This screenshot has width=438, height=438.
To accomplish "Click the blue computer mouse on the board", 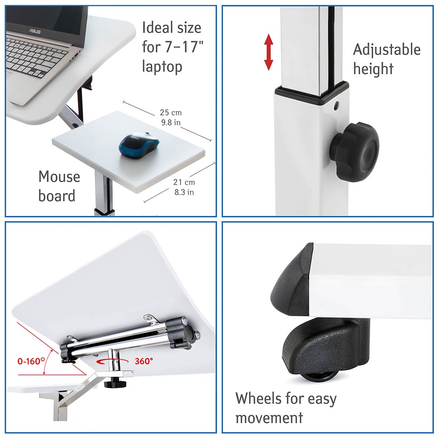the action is point(139,145).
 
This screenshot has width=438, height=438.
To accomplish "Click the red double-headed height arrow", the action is point(268,52).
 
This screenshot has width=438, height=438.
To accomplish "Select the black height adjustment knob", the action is point(354,152).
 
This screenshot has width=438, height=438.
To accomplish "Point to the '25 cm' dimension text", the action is point(171,113).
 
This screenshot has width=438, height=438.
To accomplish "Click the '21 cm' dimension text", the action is point(184,182).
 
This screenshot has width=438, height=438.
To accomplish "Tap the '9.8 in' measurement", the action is point(171,122).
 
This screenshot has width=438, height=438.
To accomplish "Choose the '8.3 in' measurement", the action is point(184,192).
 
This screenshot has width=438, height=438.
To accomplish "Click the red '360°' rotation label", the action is point(144,361).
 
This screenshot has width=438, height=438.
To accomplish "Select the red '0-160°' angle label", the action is point(31,361).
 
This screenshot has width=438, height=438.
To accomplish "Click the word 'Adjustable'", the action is point(387,50).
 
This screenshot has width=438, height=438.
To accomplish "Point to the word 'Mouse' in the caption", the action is point(59,177).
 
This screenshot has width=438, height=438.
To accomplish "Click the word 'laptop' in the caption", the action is point(162,67).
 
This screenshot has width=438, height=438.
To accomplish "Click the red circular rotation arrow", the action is point(112,361).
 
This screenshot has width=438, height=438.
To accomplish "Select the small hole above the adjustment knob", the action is point(336,106).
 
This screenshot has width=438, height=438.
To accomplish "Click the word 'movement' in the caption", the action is point(269,418).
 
